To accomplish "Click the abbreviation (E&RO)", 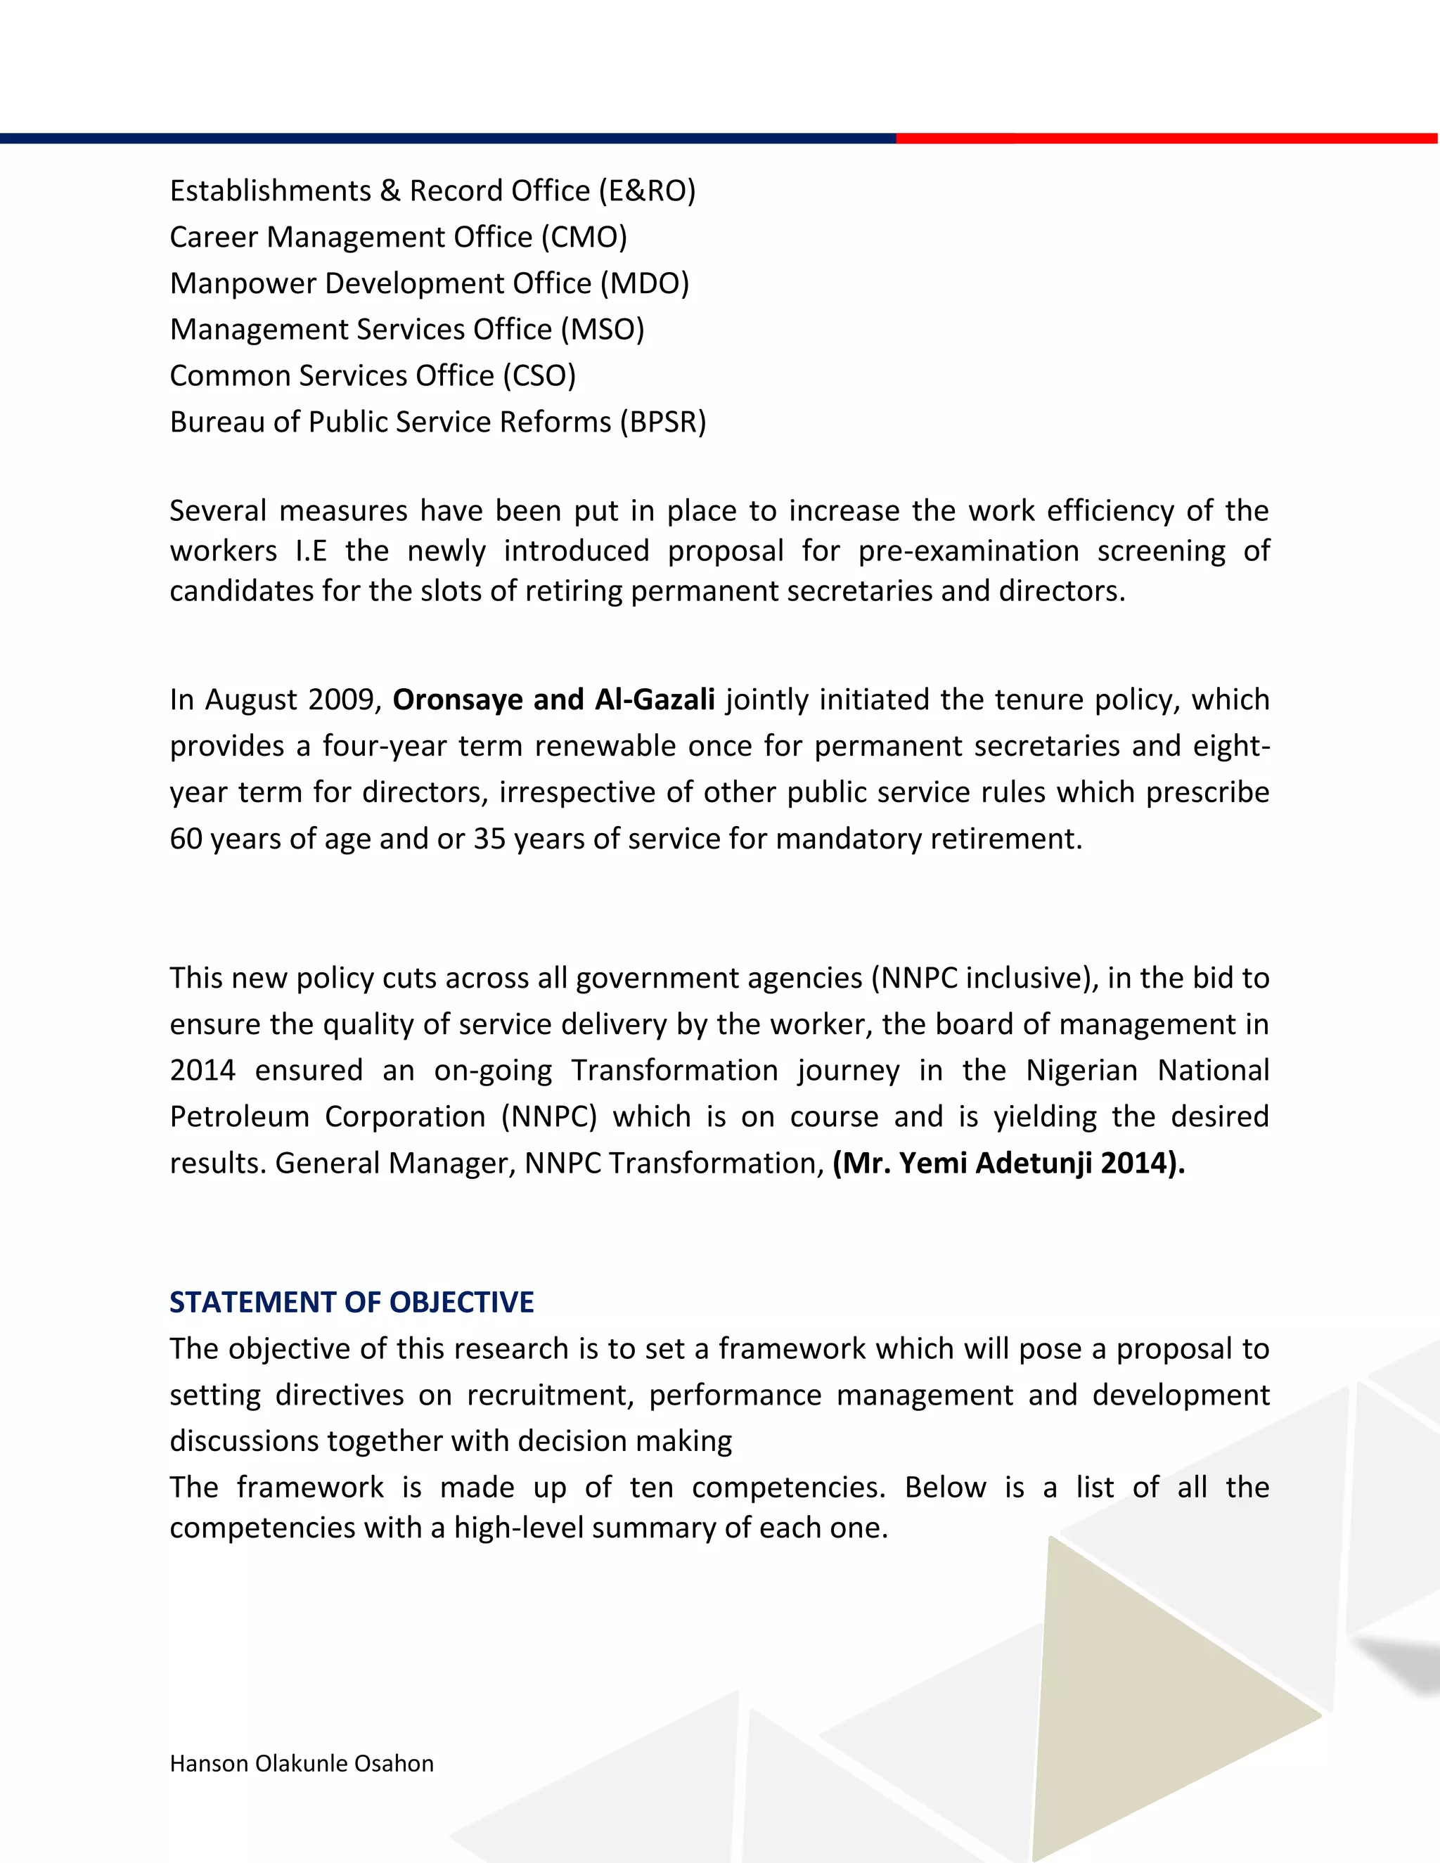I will (647, 191).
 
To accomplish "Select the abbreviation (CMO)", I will (584, 237).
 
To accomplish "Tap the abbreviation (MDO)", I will (644, 283).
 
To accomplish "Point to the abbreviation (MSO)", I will (603, 329).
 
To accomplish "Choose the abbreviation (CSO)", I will (539, 375).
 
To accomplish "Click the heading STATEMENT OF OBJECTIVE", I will (352, 1302).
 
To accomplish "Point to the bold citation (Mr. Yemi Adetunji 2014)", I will (1008, 1163).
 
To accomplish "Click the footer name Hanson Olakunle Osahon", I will (301, 1763).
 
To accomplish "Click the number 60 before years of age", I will (185, 839).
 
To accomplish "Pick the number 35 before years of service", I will (489, 839).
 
